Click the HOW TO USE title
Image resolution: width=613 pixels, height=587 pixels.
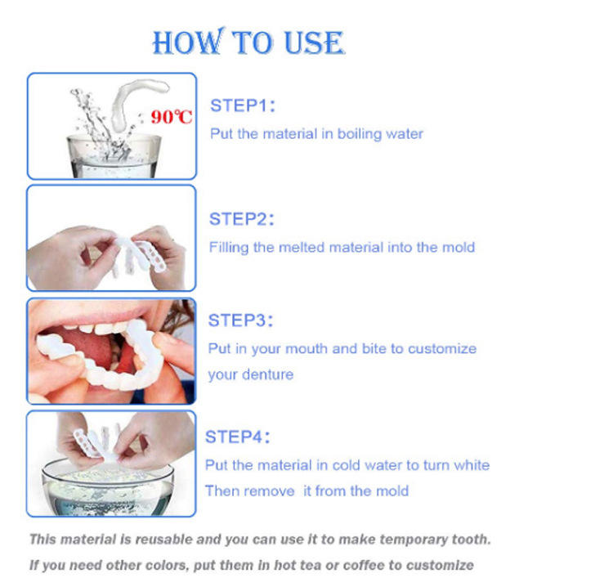(248, 42)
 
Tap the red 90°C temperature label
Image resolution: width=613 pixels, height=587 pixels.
(172, 117)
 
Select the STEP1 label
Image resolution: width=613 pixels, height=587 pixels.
(243, 105)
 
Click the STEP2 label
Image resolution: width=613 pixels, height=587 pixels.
(241, 219)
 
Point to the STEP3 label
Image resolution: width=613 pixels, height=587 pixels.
(240, 320)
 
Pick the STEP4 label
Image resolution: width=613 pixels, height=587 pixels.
(237, 437)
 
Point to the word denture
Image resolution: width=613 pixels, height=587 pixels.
(267, 374)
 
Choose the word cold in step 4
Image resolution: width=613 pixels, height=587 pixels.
(347, 465)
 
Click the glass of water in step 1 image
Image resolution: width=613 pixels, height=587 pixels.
(114, 156)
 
